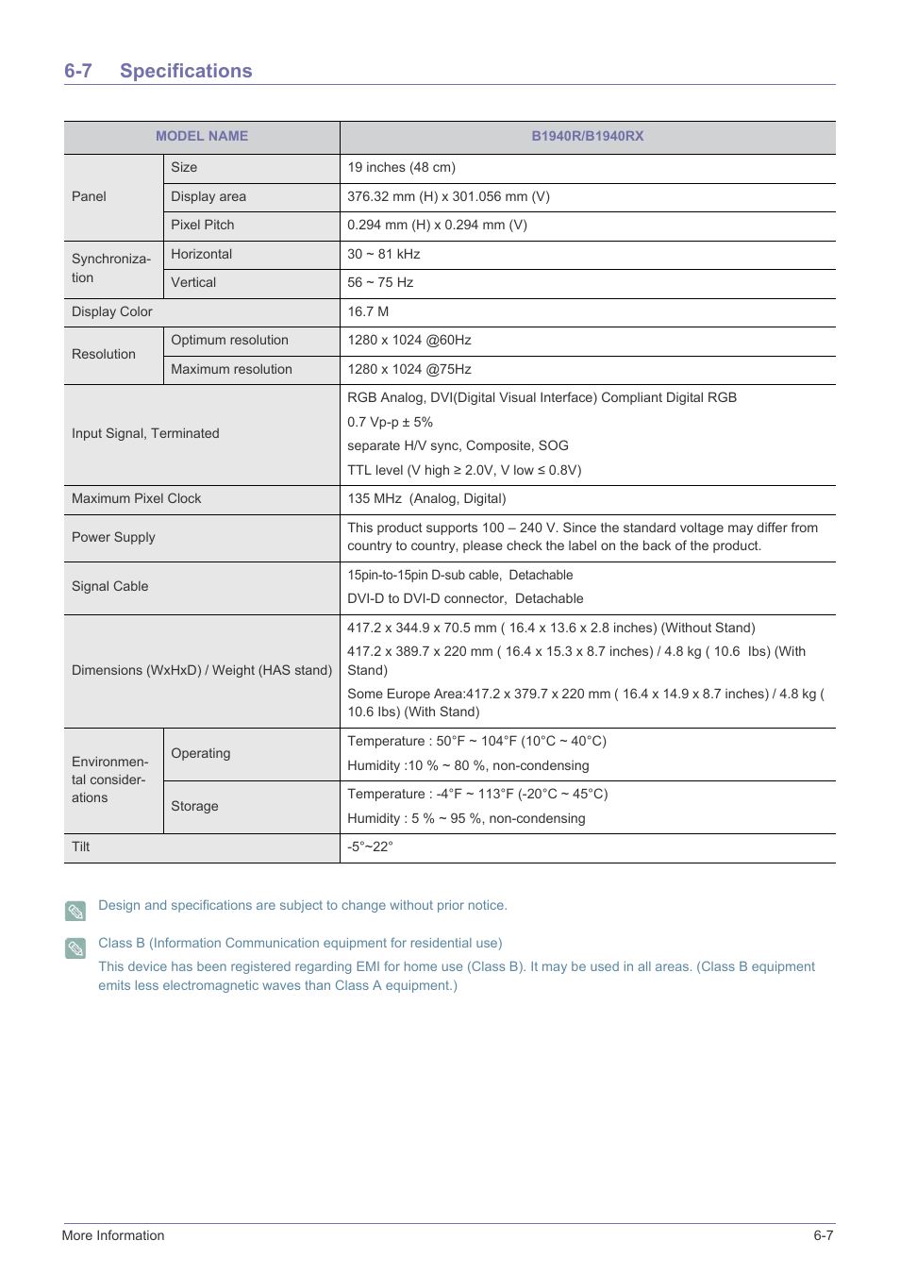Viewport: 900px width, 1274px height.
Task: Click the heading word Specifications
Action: click(186, 71)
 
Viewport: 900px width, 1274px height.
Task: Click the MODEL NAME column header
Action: click(202, 136)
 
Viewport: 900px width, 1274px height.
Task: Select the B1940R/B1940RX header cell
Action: click(587, 136)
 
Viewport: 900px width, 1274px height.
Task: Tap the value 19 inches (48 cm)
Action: click(401, 167)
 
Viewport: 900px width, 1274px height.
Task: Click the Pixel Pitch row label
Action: click(202, 225)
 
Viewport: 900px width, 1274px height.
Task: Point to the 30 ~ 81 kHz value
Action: click(383, 254)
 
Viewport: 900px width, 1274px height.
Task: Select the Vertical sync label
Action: click(193, 282)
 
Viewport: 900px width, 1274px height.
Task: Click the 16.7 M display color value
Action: click(368, 311)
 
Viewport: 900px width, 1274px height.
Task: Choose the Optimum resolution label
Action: click(229, 340)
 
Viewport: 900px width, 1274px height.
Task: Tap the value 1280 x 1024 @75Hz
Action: click(408, 369)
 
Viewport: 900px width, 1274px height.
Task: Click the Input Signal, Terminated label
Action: click(145, 433)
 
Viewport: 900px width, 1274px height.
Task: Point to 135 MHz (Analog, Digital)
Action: click(426, 498)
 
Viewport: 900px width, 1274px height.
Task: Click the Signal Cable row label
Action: click(109, 586)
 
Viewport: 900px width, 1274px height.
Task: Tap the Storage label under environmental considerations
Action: click(194, 806)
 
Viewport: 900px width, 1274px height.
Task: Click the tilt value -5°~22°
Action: click(370, 847)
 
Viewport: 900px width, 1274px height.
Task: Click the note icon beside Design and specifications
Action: click(75, 911)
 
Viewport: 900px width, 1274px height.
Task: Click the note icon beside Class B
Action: click(75, 947)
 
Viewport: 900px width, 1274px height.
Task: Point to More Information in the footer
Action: click(113, 1235)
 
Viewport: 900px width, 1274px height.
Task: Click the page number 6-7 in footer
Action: click(823, 1235)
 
